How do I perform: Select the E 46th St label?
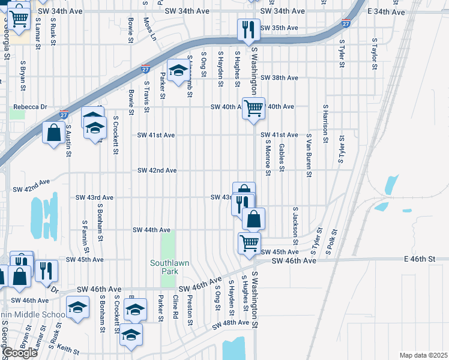418,258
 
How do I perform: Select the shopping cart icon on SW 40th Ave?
253,108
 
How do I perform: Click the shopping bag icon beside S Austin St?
54,133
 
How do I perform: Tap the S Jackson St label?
295,222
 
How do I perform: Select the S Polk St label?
332,241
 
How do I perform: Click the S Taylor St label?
373,55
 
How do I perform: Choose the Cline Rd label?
175,307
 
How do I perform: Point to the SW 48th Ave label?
231,323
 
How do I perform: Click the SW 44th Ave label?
151,230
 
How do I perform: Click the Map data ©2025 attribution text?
423,355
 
